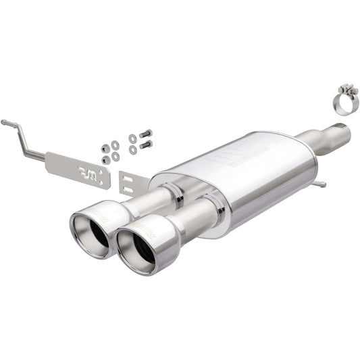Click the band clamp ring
point(345,105)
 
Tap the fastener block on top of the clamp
point(347,89)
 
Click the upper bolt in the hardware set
point(145,134)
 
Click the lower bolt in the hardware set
point(145,144)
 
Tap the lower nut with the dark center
point(105,159)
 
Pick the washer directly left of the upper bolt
point(132,138)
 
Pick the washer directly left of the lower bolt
point(132,148)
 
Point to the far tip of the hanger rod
point(4,122)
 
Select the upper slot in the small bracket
point(128,180)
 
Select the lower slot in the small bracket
point(128,190)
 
